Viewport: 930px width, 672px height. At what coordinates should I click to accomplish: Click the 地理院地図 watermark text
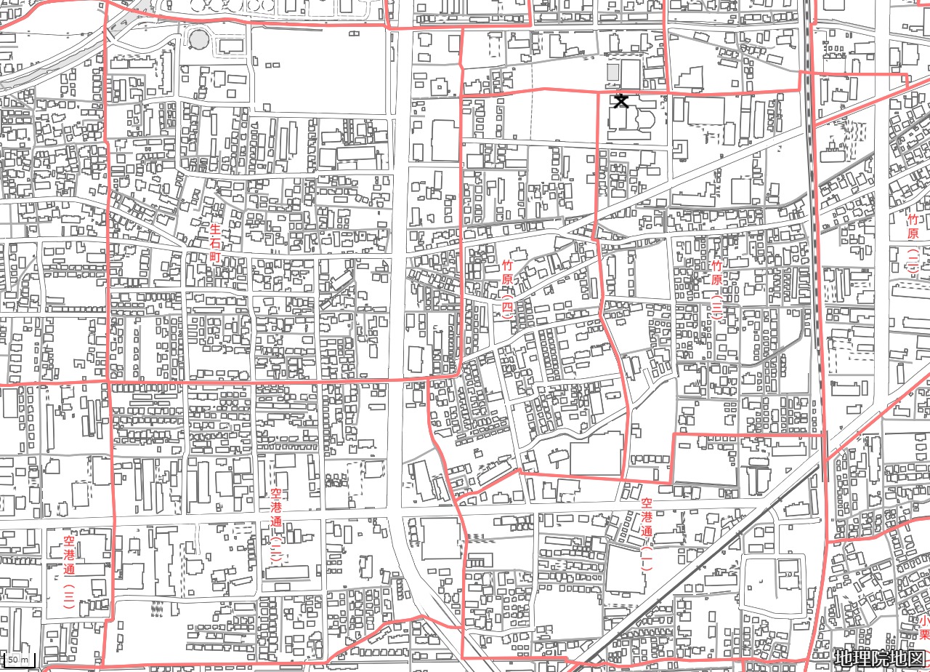click(879, 658)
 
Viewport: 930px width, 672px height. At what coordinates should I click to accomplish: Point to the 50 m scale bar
click(20, 660)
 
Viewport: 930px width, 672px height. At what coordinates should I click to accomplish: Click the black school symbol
click(620, 100)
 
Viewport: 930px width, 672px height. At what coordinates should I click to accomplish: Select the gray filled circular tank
click(198, 39)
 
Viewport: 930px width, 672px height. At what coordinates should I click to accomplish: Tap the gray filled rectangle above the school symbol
click(612, 73)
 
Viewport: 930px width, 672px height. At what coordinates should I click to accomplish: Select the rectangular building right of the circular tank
click(232, 45)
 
